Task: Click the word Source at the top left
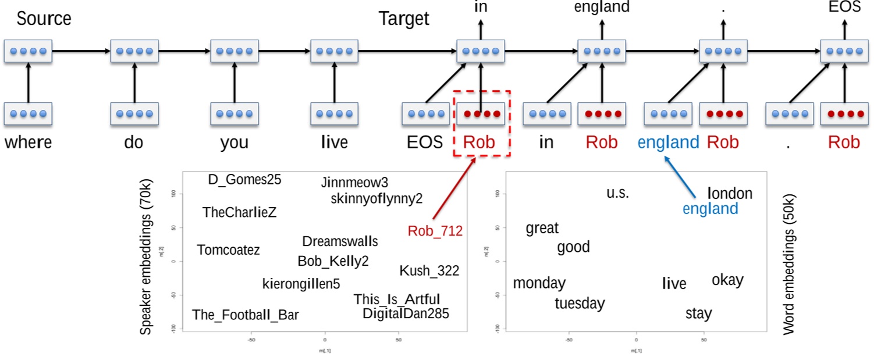point(44,19)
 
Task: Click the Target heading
point(404,19)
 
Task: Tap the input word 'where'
point(28,142)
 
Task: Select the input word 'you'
point(234,142)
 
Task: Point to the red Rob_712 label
point(435,231)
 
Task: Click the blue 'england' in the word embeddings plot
point(710,209)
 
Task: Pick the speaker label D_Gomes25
point(244,180)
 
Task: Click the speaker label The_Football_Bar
point(245,315)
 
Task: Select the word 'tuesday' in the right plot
point(579,304)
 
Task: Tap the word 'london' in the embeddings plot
point(730,194)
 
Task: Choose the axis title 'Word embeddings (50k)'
point(788,263)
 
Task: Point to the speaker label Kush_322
point(429,271)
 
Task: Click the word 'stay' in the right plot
point(698,313)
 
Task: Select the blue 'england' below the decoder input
point(668,142)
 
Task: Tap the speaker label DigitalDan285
point(406,314)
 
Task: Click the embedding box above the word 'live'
point(335,114)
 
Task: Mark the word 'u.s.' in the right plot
point(617,193)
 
